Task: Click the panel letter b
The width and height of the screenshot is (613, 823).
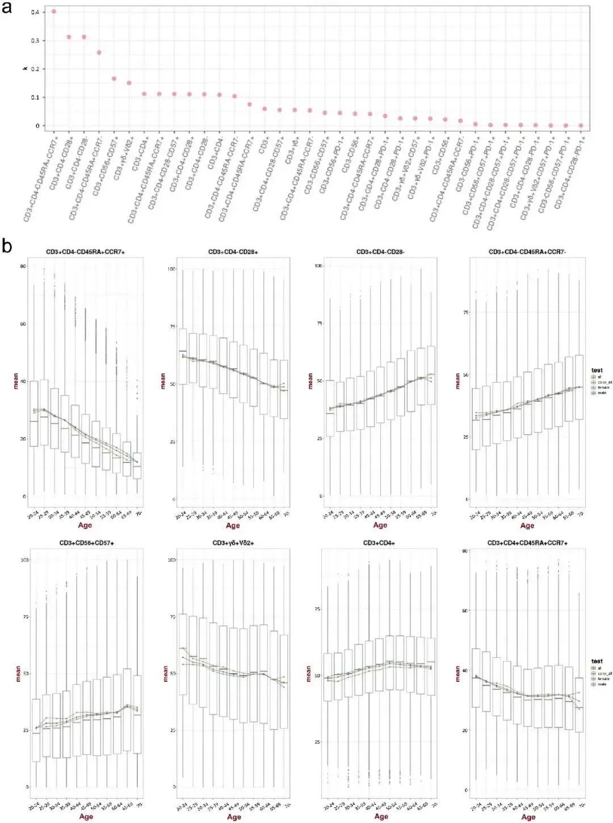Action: [x=8, y=246]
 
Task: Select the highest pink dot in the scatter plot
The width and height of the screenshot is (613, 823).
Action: [x=54, y=11]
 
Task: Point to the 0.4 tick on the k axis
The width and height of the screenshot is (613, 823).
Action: [x=35, y=12]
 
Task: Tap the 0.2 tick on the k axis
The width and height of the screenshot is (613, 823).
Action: [x=35, y=69]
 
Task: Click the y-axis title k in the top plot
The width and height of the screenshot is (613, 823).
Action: [x=25, y=68]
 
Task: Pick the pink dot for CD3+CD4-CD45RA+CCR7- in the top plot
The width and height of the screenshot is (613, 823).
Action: [x=99, y=52]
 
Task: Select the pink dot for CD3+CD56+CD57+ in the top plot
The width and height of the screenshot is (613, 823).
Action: [x=114, y=78]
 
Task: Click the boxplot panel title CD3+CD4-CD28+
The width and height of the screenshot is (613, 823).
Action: [x=233, y=251]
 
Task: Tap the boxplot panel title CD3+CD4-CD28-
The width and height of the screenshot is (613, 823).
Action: [x=380, y=251]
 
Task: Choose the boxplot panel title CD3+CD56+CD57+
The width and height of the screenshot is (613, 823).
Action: [x=87, y=543]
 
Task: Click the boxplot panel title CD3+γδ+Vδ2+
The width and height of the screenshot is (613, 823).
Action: [x=233, y=543]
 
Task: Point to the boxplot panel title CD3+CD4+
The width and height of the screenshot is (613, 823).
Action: [x=380, y=543]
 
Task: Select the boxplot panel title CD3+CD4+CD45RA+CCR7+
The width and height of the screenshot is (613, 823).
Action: [x=527, y=543]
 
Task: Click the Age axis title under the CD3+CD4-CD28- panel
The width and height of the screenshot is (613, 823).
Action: [x=380, y=525]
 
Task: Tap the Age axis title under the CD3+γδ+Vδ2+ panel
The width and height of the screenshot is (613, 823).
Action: [x=234, y=817]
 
